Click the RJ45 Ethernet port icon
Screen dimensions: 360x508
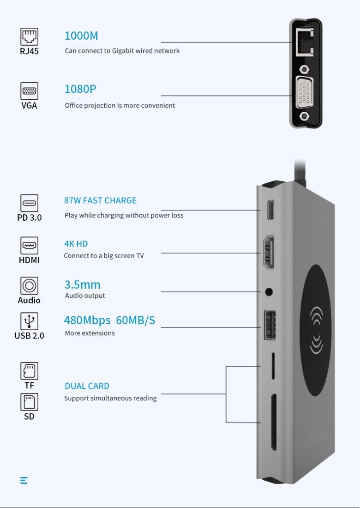pos(29,36)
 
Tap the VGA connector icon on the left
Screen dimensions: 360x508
pos(29,91)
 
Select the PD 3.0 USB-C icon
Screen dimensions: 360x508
pos(29,203)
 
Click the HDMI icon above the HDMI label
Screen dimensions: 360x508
pos(29,246)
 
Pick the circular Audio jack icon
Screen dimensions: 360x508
pos(29,286)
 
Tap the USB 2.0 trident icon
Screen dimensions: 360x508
pos(29,321)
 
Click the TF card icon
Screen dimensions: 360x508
pos(29,371)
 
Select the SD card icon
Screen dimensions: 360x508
pos(29,402)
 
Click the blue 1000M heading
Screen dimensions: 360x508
pos(81,36)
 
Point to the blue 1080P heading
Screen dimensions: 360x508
pos(80,89)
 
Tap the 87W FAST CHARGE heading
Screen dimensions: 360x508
pos(100,200)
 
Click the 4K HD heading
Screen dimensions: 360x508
pos(76,244)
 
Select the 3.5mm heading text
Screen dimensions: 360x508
pos(83,285)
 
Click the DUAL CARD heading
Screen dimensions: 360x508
pos(87,386)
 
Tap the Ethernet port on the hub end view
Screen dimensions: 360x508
pos(305,42)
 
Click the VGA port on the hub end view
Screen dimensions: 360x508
pos(304,93)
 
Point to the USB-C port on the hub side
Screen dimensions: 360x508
pos(271,210)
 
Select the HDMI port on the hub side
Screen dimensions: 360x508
pos(269,252)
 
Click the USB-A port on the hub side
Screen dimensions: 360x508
pos(270,325)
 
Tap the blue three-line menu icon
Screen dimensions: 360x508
pos(24,480)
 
